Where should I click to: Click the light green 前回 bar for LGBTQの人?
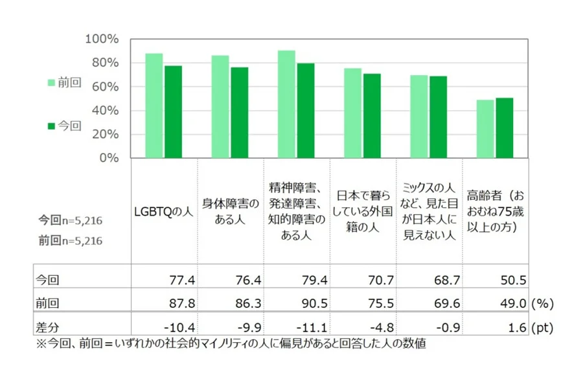coord(154,106)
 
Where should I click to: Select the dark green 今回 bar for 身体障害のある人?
coord(239,113)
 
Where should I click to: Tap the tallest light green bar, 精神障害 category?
coord(286,104)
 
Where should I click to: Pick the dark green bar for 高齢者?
coord(504,128)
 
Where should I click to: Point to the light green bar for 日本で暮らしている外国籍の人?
coord(352,113)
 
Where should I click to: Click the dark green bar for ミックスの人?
coord(438,117)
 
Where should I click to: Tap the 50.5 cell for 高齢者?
coord(511,280)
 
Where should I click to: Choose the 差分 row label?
coord(49,327)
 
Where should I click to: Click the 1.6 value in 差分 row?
coord(516,327)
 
